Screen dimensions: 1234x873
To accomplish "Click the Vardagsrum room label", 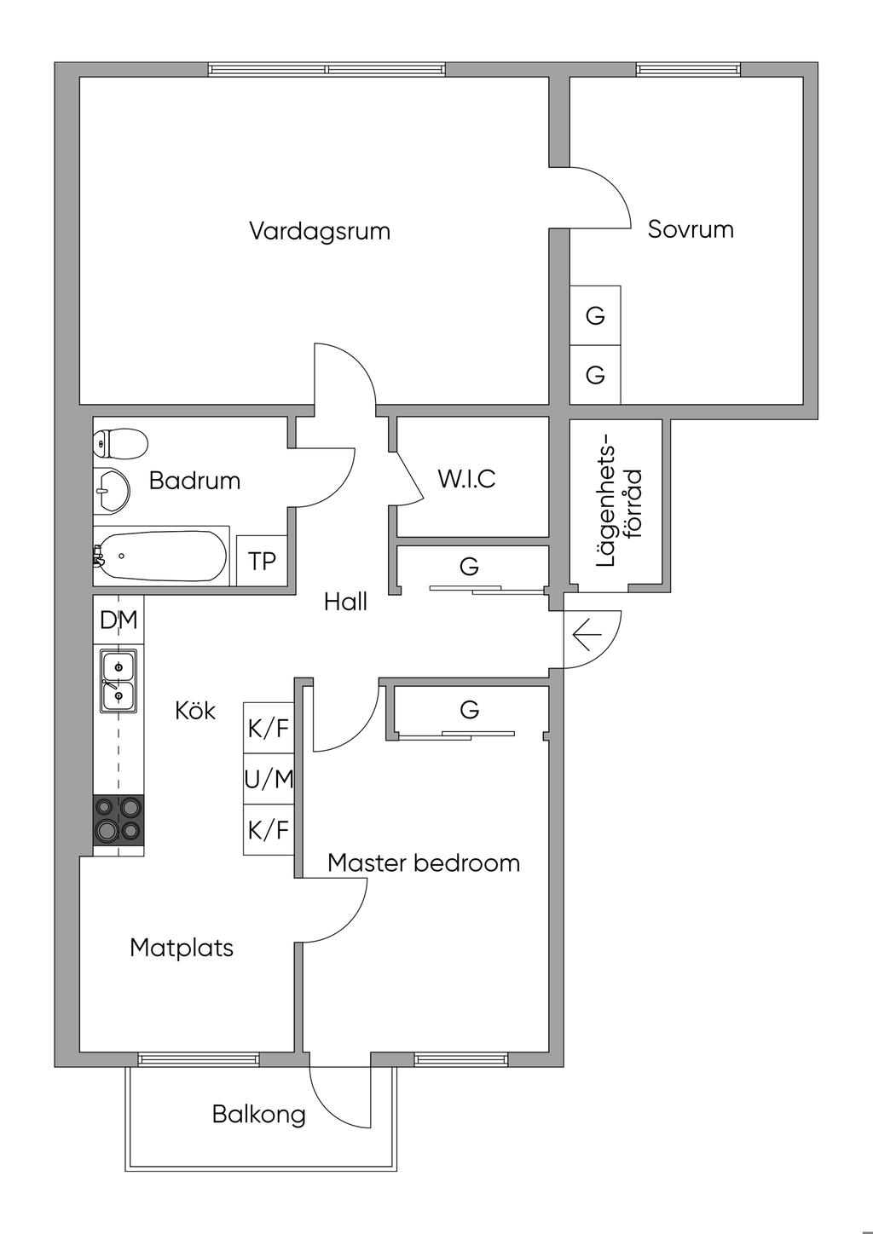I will [x=320, y=231].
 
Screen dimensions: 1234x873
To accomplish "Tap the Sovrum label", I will [x=691, y=229].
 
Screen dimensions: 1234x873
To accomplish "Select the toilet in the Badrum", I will [x=120, y=443].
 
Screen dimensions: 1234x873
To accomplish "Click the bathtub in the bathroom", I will [x=161, y=556].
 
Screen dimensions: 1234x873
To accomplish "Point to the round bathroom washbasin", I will [x=111, y=491].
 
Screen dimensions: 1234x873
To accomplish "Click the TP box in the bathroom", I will [x=262, y=561].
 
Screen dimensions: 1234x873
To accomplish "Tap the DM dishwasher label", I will [x=119, y=620].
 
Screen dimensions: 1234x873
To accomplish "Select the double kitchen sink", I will [x=119, y=680].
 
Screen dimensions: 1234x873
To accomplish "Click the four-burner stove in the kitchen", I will [x=118, y=818].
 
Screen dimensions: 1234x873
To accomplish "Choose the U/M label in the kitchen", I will [x=269, y=779].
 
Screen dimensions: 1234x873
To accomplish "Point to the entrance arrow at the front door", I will [x=587, y=635].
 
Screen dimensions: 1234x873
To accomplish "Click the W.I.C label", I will [x=466, y=479].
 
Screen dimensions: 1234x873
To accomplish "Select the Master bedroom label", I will [x=424, y=862].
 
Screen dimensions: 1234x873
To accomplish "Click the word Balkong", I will [x=258, y=1114].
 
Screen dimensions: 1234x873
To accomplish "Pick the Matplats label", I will [x=182, y=947].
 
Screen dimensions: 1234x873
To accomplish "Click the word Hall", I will [x=345, y=602].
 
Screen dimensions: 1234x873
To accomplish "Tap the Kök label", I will [x=195, y=710].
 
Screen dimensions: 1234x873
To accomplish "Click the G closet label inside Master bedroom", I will [x=469, y=709].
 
